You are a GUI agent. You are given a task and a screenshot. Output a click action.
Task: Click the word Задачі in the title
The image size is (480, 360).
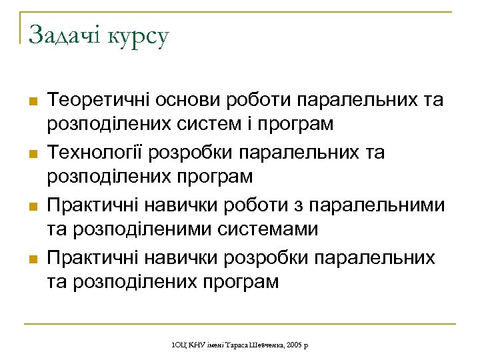click(x=64, y=35)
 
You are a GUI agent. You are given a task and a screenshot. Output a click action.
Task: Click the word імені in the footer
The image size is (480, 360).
click(x=215, y=344)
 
